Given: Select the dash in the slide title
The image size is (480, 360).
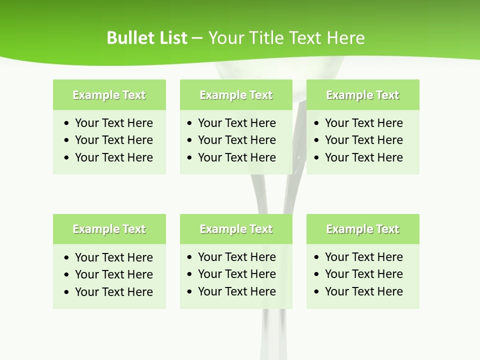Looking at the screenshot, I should tap(197, 38).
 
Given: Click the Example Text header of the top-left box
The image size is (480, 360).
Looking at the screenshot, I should tap(109, 95).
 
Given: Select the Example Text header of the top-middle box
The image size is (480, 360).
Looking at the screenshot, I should tap(236, 95).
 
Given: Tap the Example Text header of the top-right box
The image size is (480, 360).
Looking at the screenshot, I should tap(362, 95).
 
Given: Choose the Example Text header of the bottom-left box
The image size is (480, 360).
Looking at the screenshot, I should tap(109, 229).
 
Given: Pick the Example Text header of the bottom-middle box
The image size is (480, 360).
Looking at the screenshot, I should tap(236, 229).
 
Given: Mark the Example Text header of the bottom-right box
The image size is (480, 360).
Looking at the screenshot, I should tap(362, 229).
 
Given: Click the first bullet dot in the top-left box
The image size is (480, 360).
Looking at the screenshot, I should tap(67, 123).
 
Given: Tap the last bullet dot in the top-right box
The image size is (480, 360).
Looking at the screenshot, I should tap(316, 158).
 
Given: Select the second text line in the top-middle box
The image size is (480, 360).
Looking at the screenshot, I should tap(237, 140).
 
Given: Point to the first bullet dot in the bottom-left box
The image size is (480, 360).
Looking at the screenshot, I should tap(67, 258).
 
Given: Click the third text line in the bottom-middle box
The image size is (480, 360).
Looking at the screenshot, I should tap(237, 291).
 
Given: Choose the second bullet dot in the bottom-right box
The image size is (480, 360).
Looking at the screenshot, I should tap(316, 274).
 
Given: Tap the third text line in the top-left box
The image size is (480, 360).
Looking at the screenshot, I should tap(114, 157).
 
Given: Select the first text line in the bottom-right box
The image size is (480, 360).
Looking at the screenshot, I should tap(364, 257).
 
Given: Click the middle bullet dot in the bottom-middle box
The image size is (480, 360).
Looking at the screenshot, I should tap(189, 274).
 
